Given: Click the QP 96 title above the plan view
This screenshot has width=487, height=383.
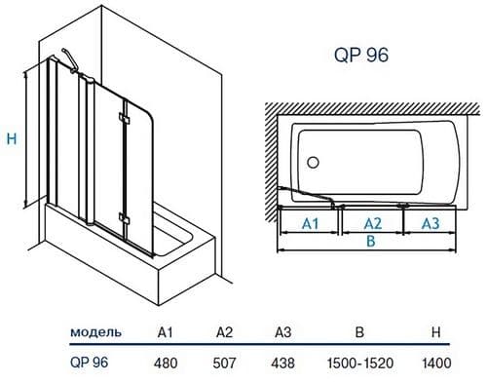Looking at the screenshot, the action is pos(361,56).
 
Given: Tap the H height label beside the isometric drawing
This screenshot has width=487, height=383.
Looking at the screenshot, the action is pos(12,139).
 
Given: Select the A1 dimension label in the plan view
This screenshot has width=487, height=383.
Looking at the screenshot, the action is pos(311,223).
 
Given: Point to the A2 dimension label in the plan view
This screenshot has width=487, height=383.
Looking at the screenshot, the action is pos(373,223).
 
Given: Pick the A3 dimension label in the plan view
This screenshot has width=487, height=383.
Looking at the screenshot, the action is pos(431,223).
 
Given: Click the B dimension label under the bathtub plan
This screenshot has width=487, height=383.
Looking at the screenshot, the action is pos(370,241).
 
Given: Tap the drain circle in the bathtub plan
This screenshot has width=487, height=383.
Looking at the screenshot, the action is pos(313,163).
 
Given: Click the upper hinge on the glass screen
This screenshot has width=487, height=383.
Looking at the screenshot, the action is pos(124,118).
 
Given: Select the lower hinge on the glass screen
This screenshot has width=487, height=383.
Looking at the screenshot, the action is pos(124,219).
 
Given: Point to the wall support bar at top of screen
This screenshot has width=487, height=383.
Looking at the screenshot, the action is pos(70,60).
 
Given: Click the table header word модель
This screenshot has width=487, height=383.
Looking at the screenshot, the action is pos(96,332).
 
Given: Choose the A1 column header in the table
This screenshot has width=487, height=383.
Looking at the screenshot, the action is pos(166,332).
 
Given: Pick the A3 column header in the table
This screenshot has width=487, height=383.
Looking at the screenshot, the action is pos(283,332).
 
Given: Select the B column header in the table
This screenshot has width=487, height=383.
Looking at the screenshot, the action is pos(359,332).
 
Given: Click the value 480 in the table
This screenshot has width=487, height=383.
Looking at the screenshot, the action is pos(166,363).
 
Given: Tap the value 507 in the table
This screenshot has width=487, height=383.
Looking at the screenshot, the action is pos(224,363).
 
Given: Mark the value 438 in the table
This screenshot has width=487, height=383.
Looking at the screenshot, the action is pos(283,363).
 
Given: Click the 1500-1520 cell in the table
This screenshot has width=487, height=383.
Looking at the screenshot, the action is pos(359,363).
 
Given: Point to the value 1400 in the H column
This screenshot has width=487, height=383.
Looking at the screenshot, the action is pos(436,363).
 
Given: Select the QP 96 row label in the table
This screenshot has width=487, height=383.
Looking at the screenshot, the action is pos(89,363).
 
